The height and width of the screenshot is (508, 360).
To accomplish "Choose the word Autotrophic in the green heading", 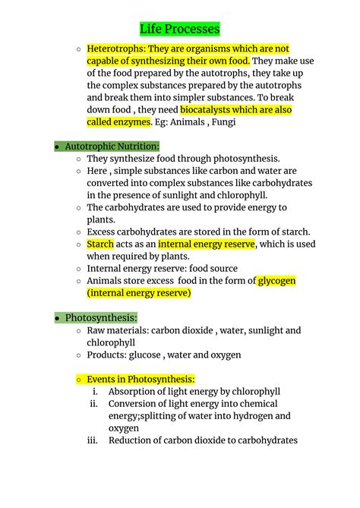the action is pyautogui.click(x=92, y=146).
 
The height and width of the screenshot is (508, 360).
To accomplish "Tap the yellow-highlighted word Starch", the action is pyautogui.click(x=100, y=244).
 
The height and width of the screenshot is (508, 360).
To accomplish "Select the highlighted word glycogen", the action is pyautogui.click(x=276, y=281).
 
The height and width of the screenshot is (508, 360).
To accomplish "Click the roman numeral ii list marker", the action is pyautogui.click(x=93, y=404).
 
